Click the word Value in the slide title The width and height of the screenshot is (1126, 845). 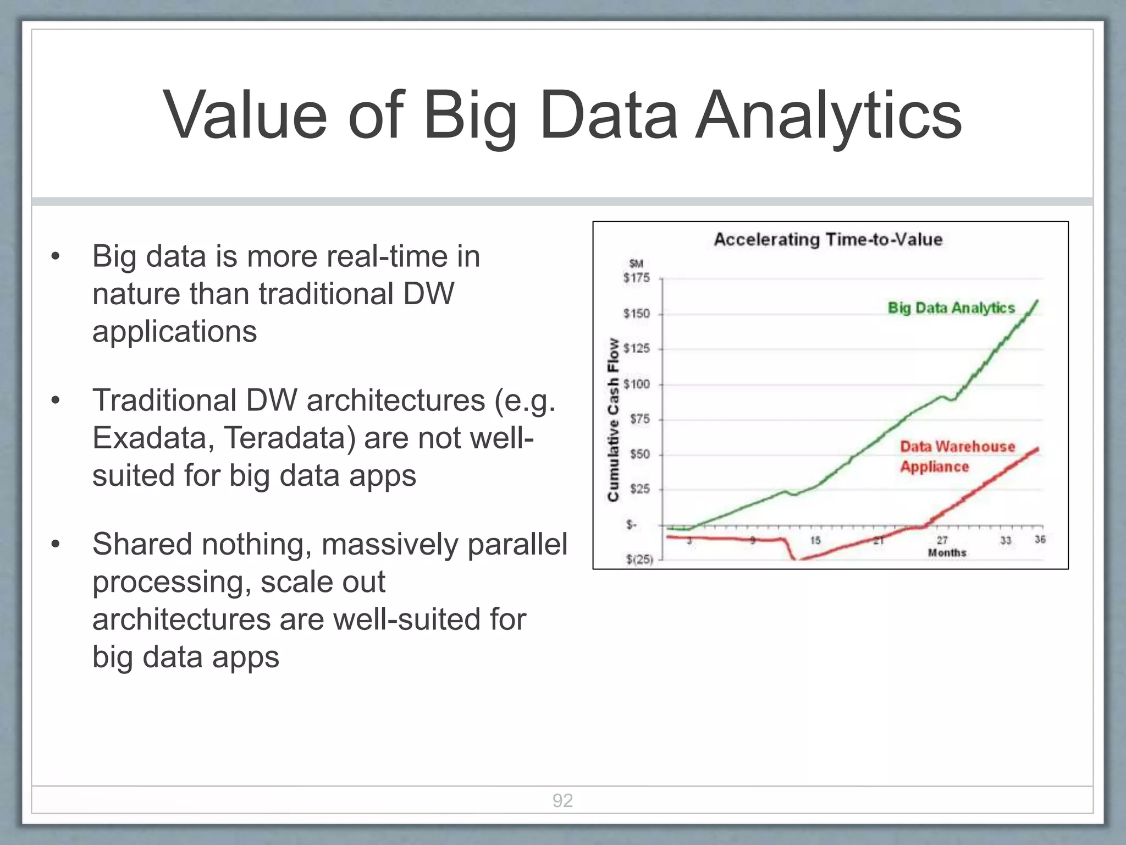(x=245, y=117)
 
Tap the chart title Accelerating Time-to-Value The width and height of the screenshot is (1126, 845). (x=828, y=240)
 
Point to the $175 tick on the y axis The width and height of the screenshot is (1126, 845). (x=636, y=278)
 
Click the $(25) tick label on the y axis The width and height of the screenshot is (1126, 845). (x=639, y=560)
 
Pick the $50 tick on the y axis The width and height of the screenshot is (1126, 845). (x=639, y=454)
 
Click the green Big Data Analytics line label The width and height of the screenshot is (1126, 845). (x=951, y=308)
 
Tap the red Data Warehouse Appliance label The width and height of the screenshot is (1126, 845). (x=957, y=457)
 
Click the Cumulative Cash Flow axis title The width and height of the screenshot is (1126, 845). (x=613, y=420)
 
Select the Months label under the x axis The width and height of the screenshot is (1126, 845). (x=947, y=553)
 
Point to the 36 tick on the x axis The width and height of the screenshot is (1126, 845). (x=1040, y=540)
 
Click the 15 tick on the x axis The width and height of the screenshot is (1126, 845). (x=815, y=541)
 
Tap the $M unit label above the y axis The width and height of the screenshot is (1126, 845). (x=636, y=264)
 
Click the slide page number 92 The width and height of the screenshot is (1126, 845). (x=562, y=800)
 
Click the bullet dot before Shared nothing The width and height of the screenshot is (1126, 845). (x=55, y=545)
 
